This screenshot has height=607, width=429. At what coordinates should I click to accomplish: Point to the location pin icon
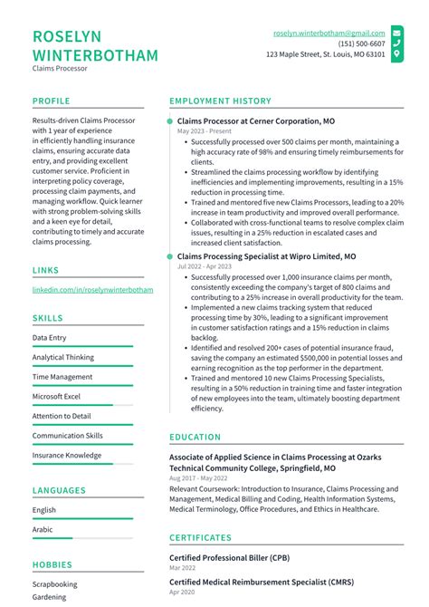[396, 54]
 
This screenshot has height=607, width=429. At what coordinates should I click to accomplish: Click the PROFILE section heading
[52, 101]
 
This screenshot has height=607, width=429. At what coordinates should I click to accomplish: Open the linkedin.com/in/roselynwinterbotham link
[92, 290]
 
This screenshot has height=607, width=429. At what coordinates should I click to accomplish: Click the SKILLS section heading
[48, 319]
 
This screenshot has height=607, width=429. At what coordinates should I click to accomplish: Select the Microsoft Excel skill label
[56, 396]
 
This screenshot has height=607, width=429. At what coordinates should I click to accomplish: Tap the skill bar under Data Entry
[82, 347]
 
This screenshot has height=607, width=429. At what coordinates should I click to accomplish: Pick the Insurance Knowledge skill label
[67, 455]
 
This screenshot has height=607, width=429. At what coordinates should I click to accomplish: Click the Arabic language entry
[43, 529]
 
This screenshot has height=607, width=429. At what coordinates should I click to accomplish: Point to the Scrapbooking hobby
[55, 584]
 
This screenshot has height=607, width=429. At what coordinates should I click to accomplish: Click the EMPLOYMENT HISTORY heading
[220, 101]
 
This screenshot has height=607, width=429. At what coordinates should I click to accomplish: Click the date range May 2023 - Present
[205, 131]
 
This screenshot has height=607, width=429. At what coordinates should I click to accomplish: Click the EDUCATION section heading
[195, 437]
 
